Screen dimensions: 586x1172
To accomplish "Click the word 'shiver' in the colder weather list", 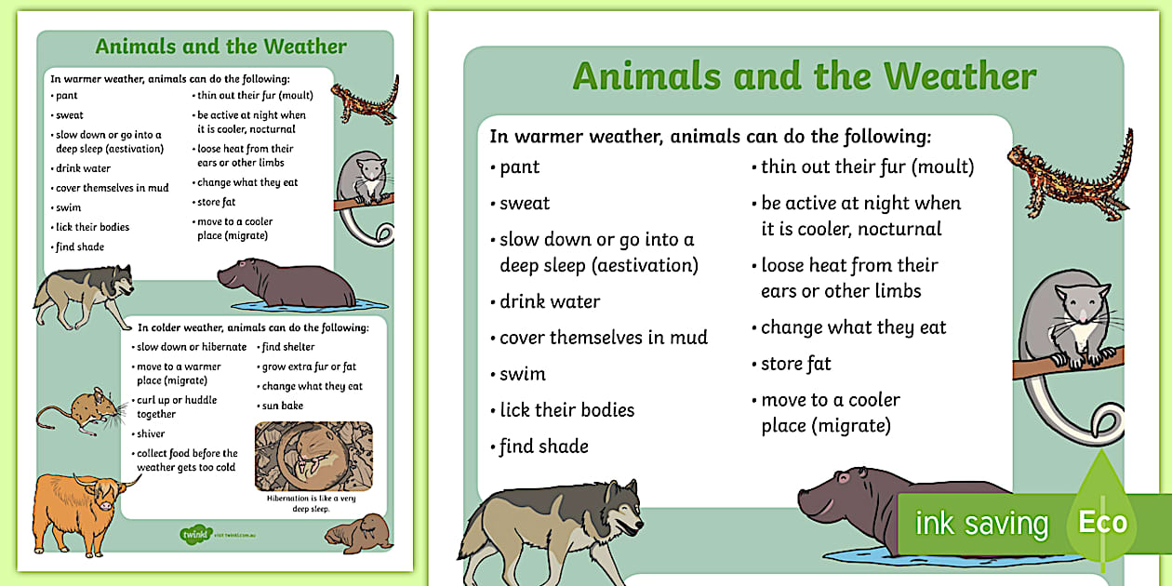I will point(151,433).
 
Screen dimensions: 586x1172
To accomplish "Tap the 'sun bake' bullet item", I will point(282,406).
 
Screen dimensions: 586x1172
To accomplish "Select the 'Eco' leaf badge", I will point(1102,521).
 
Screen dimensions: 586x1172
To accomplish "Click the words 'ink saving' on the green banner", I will point(980,524).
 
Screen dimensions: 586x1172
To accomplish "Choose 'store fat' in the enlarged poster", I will point(795,364).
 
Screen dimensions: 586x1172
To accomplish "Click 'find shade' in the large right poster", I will point(543,446).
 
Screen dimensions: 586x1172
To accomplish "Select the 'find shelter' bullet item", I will point(287,347).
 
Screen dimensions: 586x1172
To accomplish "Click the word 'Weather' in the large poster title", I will point(959,76).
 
